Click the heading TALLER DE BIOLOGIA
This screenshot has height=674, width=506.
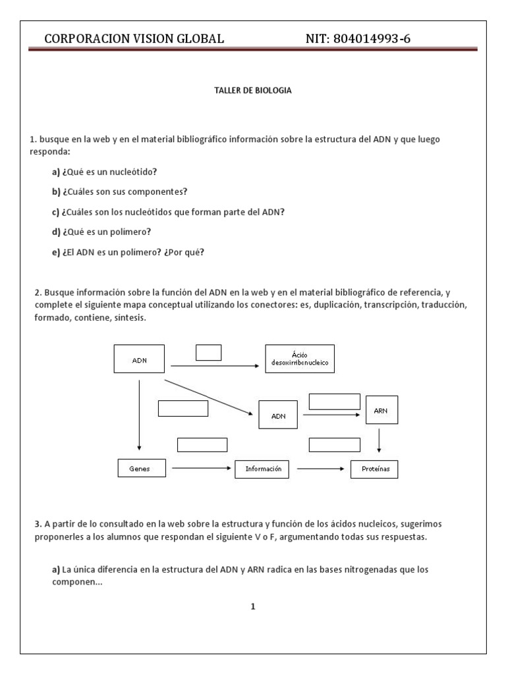pos(253,91)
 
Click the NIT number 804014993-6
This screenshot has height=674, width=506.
pos(358,39)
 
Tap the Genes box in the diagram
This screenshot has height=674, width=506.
pos(139,469)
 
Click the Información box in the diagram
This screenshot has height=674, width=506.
pos(262,469)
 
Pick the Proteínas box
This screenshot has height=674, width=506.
pos(371,469)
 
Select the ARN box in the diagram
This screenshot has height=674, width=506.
pos(380,411)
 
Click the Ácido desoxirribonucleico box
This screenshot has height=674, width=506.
pos(299,359)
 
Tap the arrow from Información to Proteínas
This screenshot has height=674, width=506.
pos(320,469)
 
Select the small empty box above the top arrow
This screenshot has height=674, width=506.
pos(208,353)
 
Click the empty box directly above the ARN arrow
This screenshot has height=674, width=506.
pos(334,402)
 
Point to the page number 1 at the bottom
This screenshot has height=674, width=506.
pos(253,607)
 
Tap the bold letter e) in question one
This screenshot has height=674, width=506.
pos(56,251)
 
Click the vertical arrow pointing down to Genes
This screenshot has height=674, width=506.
pos(139,415)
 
